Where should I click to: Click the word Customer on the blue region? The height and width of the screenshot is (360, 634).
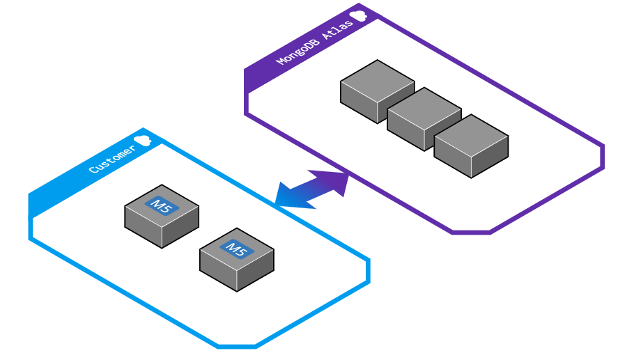(112, 159)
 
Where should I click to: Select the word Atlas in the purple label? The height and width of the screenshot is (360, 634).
(338, 29)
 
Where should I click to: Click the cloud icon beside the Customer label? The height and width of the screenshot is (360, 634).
(142, 140)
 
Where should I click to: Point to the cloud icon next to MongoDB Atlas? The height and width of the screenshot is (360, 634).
(358, 16)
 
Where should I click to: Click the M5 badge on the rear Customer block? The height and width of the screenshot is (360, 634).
(162, 206)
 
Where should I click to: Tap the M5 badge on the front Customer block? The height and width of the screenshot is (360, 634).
(237, 249)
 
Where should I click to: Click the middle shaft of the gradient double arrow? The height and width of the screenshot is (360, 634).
(311, 189)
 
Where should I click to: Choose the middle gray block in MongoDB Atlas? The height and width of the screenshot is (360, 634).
(424, 119)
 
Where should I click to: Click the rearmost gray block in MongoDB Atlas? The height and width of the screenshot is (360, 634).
(377, 92)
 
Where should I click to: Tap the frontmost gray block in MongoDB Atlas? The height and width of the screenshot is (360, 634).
(471, 146)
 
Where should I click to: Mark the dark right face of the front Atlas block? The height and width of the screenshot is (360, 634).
(490, 157)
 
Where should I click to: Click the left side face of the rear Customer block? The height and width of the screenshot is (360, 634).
(143, 226)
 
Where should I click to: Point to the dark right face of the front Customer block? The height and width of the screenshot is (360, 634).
(256, 270)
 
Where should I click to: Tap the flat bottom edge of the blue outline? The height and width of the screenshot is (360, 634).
(237, 346)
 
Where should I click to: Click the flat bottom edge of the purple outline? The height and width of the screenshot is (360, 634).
(471, 233)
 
